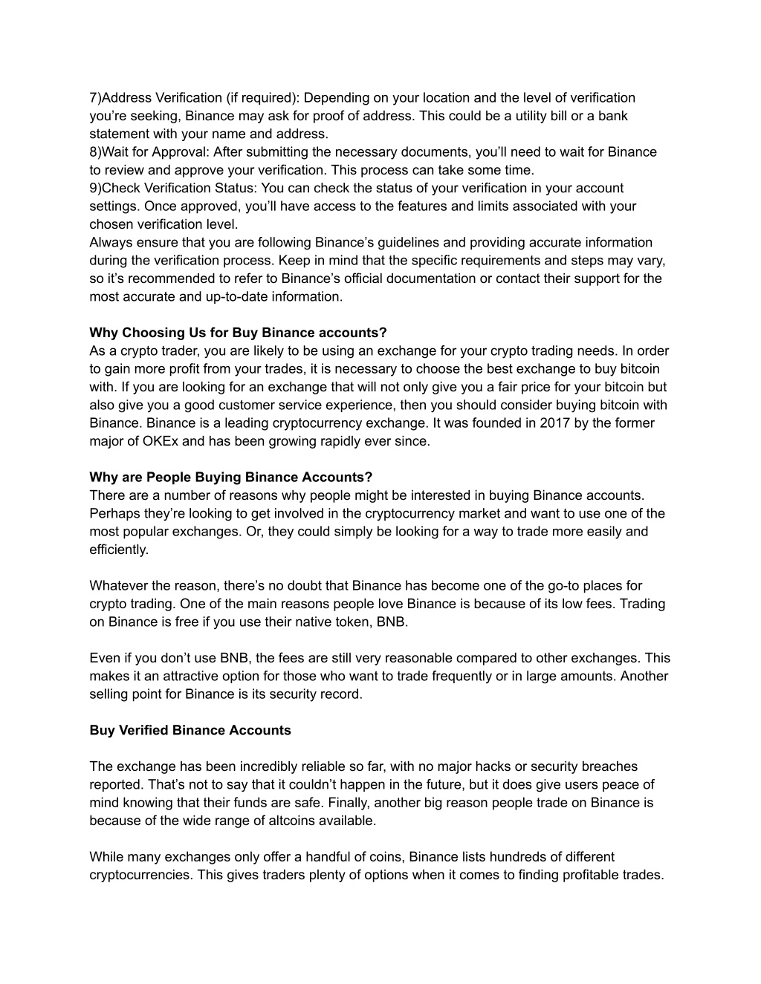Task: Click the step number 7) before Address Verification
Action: point(95,98)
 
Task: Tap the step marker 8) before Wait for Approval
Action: point(95,152)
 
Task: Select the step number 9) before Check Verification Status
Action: point(95,189)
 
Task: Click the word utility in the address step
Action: point(544,116)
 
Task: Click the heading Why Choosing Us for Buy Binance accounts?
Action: point(238,333)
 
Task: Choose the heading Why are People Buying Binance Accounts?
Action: point(230,477)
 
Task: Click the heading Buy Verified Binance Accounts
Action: point(190,730)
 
